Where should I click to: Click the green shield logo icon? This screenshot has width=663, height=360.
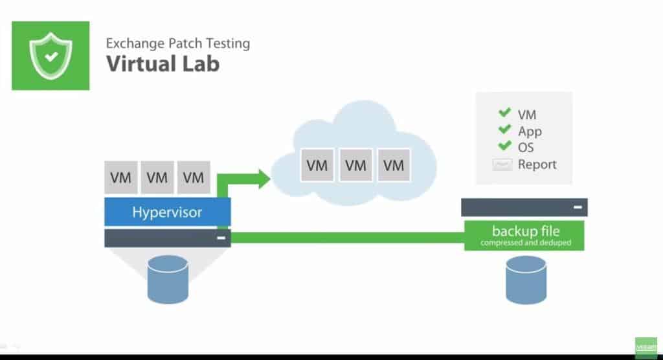click(x=51, y=56)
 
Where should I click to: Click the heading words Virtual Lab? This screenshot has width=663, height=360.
click(x=163, y=63)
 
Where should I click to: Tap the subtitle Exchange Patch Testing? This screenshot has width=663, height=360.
click(x=178, y=44)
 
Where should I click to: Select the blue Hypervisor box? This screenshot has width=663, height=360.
click(x=167, y=212)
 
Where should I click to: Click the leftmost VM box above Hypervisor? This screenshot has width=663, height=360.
click(x=120, y=177)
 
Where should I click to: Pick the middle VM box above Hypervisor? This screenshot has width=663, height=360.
click(x=157, y=177)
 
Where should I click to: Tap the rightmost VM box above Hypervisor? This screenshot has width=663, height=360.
click(x=194, y=177)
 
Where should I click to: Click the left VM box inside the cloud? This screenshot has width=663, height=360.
click(x=317, y=165)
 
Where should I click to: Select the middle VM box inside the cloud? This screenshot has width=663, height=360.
click(x=355, y=165)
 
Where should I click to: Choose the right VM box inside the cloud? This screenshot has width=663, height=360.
click(x=394, y=165)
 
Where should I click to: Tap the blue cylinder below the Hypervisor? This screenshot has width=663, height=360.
click(x=168, y=279)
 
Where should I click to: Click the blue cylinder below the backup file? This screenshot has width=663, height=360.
click(x=526, y=280)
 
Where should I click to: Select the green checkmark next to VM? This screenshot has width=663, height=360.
click(x=504, y=113)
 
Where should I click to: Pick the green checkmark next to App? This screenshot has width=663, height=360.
click(x=504, y=129)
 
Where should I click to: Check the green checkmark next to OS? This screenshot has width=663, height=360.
click(x=504, y=146)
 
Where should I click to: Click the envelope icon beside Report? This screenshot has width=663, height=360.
click(x=502, y=164)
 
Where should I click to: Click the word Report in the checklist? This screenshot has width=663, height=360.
click(x=537, y=164)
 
